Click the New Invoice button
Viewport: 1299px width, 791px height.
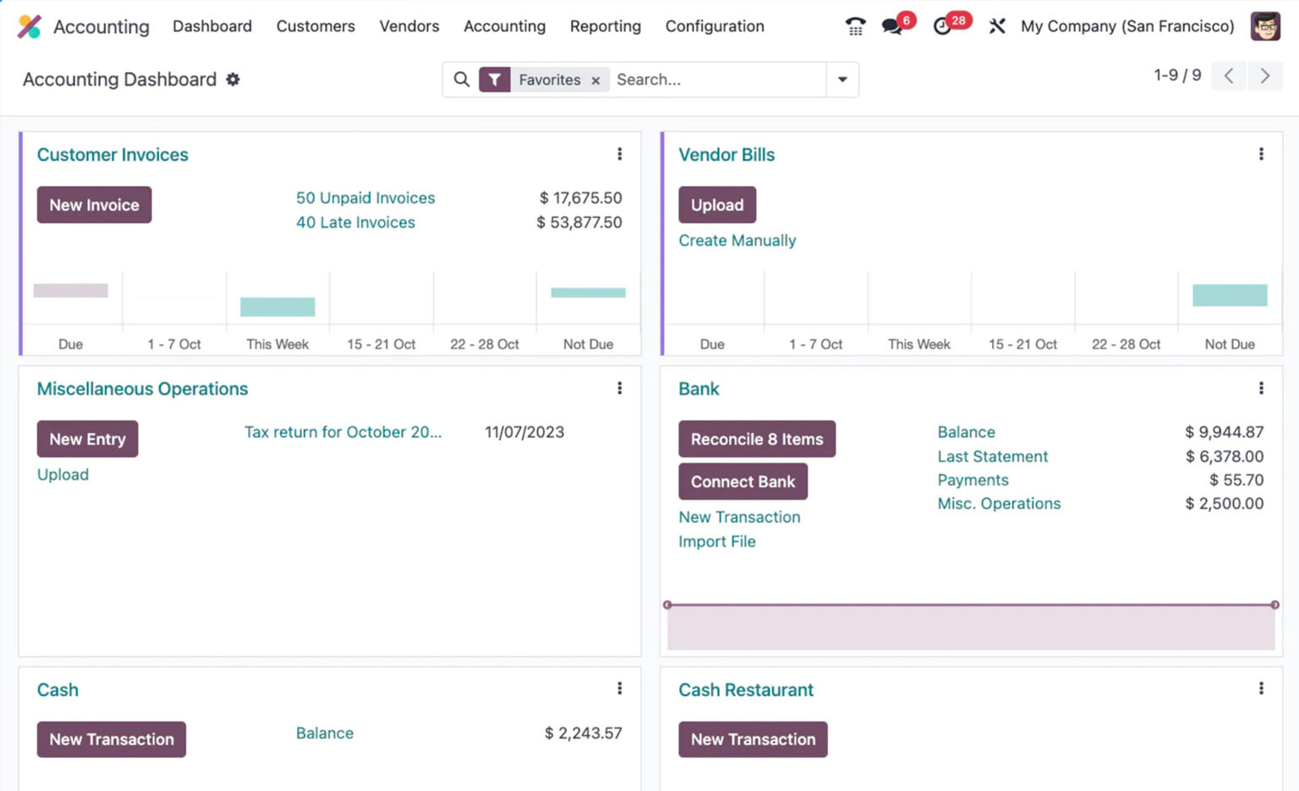pyautogui.click(x=94, y=205)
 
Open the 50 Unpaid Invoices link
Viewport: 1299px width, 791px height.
pyautogui.click(x=365, y=198)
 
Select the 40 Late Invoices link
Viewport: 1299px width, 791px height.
pyautogui.click(x=355, y=222)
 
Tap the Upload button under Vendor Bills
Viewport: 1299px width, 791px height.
pyautogui.click(x=717, y=205)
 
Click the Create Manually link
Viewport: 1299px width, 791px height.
pyautogui.click(x=737, y=240)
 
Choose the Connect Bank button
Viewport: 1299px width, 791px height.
pyautogui.click(x=743, y=481)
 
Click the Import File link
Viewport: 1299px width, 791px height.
pyautogui.click(x=717, y=541)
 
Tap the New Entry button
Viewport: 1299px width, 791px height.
pyautogui.click(x=87, y=439)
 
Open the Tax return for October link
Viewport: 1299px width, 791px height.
pyautogui.click(x=343, y=432)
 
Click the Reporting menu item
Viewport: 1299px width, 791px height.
pyautogui.click(x=606, y=26)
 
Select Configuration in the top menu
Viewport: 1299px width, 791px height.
pyautogui.click(x=715, y=26)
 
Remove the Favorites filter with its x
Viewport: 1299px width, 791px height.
pyautogui.click(x=595, y=80)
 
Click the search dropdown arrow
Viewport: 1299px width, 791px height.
pyautogui.click(x=842, y=80)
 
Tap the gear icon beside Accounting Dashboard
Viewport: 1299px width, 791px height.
pyautogui.click(x=233, y=80)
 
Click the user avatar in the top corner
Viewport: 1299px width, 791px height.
pyautogui.click(x=1265, y=26)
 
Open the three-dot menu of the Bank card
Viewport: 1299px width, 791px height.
pyautogui.click(x=1261, y=388)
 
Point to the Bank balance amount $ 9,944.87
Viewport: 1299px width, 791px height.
pyautogui.click(x=1224, y=432)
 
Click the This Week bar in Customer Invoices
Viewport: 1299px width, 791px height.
pyautogui.click(x=277, y=306)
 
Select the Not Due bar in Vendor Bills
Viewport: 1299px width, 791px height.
pyautogui.click(x=1230, y=295)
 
